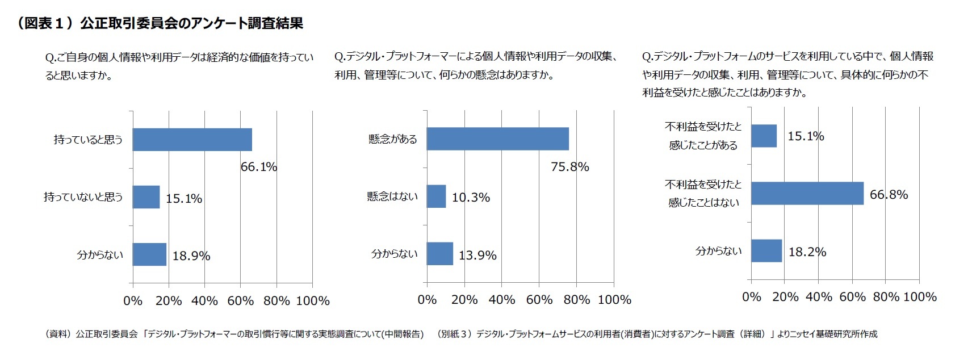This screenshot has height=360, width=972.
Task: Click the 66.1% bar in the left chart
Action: pyautogui.click(x=192, y=140)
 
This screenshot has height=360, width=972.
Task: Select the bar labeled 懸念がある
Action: pyautogui.click(x=497, y=139)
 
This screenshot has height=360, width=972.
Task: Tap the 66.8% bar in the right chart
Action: pyautogui.click(x=807, y=194)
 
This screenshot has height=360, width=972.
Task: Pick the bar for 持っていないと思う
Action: pyautogui.click(x=146, y=197)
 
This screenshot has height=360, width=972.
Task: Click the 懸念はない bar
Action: pyautogui.click(x=436, y=196)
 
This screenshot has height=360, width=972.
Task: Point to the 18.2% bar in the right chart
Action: pyautogui.click(x=766, y=251)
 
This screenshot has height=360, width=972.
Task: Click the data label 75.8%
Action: pyautogui.click(x=569, y=167)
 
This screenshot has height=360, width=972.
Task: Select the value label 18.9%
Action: pyautogui.click(x=191, y=256)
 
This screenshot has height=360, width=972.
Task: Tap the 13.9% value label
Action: pyautogui.click(x=477, y=256)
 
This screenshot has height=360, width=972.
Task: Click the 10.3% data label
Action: pyautogui.click(x=471, y=198)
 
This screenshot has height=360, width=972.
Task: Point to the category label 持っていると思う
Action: pyautogui.click(x=88, y=140)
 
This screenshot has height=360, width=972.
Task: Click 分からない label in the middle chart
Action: pyautogui.click(x=394, y=254)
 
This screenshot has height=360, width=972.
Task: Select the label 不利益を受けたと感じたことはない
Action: pyautogui.click(x=703, y=194)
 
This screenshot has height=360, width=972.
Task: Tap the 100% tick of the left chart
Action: pyautogui.click(x=313, y=301)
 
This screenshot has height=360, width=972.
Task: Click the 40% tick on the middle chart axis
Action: pyautogui.click(x=502, y=300)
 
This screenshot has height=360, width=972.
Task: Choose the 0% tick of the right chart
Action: pyautogui.click(x=751, y=297)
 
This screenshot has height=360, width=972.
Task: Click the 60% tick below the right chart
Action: pyautogui.click(x=852, y=297)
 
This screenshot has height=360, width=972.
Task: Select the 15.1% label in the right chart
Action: pyautogui.click(x=805, y=136)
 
